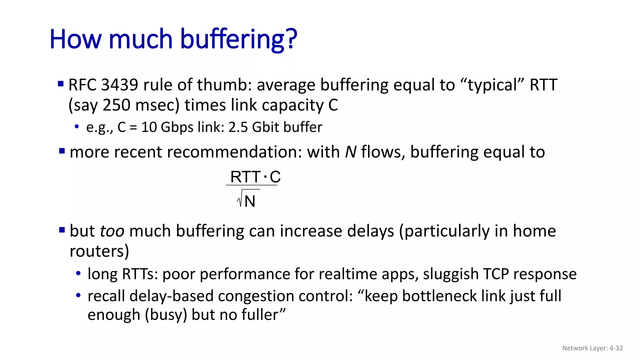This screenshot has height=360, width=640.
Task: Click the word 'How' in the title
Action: [75, 39]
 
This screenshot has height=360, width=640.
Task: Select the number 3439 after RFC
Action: [119, 85]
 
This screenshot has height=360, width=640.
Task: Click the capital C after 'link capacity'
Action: [333, 105]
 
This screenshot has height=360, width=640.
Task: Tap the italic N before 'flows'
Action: [351, 152]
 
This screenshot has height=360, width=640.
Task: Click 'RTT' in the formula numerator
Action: [245, 177]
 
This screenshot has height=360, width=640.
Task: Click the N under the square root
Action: [250, 201]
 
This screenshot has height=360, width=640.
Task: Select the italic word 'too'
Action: [112, 231]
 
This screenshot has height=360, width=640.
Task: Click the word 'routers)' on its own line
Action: [99, 251]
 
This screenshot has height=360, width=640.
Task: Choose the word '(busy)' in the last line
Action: [166, 315]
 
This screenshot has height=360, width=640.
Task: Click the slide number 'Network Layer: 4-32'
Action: [592, 348]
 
